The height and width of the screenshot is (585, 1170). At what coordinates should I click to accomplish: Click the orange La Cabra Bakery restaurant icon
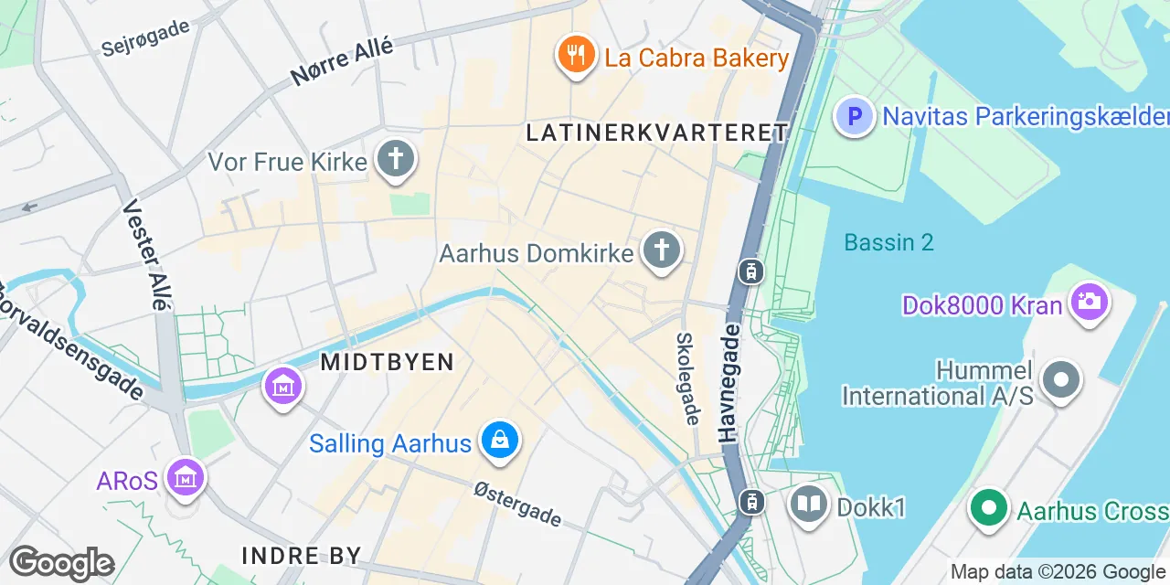(x=576, y=57)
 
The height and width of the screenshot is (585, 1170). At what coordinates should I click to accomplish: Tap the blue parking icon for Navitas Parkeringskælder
(x=855, y=116)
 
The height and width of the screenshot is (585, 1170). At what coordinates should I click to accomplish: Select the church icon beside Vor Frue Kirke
(x=396, y=160)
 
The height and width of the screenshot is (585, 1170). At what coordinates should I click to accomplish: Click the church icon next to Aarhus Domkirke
(x=662, y=250)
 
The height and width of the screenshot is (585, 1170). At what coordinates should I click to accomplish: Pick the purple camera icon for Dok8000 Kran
(x=1089, y=302)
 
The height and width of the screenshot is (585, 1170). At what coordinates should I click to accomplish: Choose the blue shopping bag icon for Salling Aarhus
(x=500, y=442)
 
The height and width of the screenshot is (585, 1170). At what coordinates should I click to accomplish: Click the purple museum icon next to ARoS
(x=186, y=477)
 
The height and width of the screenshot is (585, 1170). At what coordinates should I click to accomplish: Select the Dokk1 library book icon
(x=809, y=504)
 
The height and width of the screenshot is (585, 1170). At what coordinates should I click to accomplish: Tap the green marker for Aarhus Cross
(x=988, y=509)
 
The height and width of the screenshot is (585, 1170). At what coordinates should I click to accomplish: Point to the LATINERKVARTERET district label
(x=656, y=133)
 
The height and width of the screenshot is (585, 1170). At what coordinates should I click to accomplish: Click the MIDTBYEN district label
(x=388, y=362)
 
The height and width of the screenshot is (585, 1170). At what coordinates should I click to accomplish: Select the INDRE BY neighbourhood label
(x=302, y=555)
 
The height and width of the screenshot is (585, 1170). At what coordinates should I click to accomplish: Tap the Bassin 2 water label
(x=888, y=242)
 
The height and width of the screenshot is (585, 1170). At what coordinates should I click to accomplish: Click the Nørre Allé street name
(x=343, y=61)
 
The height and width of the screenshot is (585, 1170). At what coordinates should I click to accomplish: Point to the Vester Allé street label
(x=147, y=255)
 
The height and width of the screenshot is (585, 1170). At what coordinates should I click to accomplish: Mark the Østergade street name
(x=517, y=505)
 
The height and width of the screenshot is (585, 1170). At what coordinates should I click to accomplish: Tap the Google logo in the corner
(x=62, y=564)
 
